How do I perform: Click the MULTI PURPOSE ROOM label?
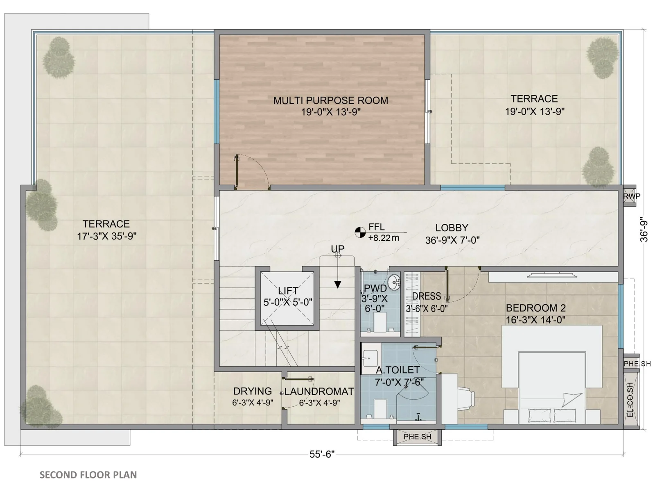click(331, 100)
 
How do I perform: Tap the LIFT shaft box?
click(287, 298)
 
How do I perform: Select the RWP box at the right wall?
click(630, 196)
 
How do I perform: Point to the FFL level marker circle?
click(360, 232)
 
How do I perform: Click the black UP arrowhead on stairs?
click(337, 285)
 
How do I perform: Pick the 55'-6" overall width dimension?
click(322, 454)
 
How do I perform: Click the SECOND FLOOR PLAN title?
click(88, 475)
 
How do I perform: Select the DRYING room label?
click(253, 391)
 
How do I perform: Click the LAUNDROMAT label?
click(319, 391)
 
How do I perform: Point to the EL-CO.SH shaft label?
click(630, 400)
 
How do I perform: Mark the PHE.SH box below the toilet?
click(417, 437)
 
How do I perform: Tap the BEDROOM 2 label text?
click(535, 307)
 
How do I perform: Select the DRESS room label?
click(427, 296)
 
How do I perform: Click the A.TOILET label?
click(398, 370)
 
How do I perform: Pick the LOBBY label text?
click(452, 228)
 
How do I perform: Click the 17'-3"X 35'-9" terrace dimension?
click(107, 236)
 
